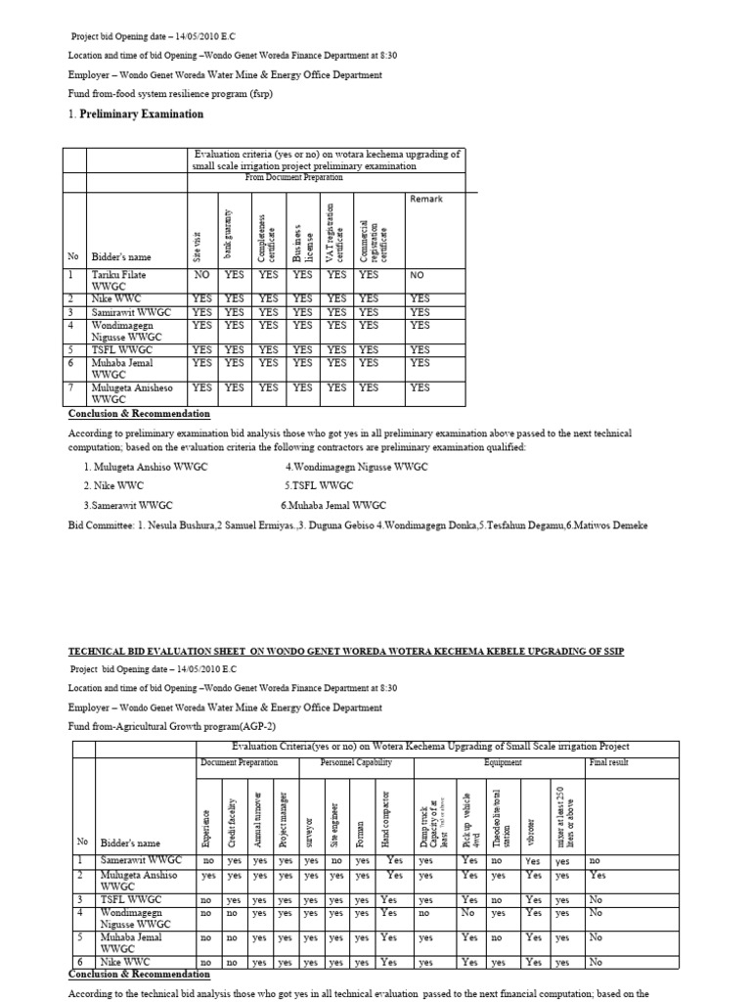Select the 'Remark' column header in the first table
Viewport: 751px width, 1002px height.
(x=425, y=199)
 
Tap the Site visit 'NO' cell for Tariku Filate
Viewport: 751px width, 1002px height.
(x=201, y=276)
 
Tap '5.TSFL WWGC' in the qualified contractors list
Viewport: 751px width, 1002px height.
(x=319, y=485)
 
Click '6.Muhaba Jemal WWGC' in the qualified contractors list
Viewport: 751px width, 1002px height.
(x=333, y=505)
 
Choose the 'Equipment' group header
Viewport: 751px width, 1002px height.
(x=503, y=762)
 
